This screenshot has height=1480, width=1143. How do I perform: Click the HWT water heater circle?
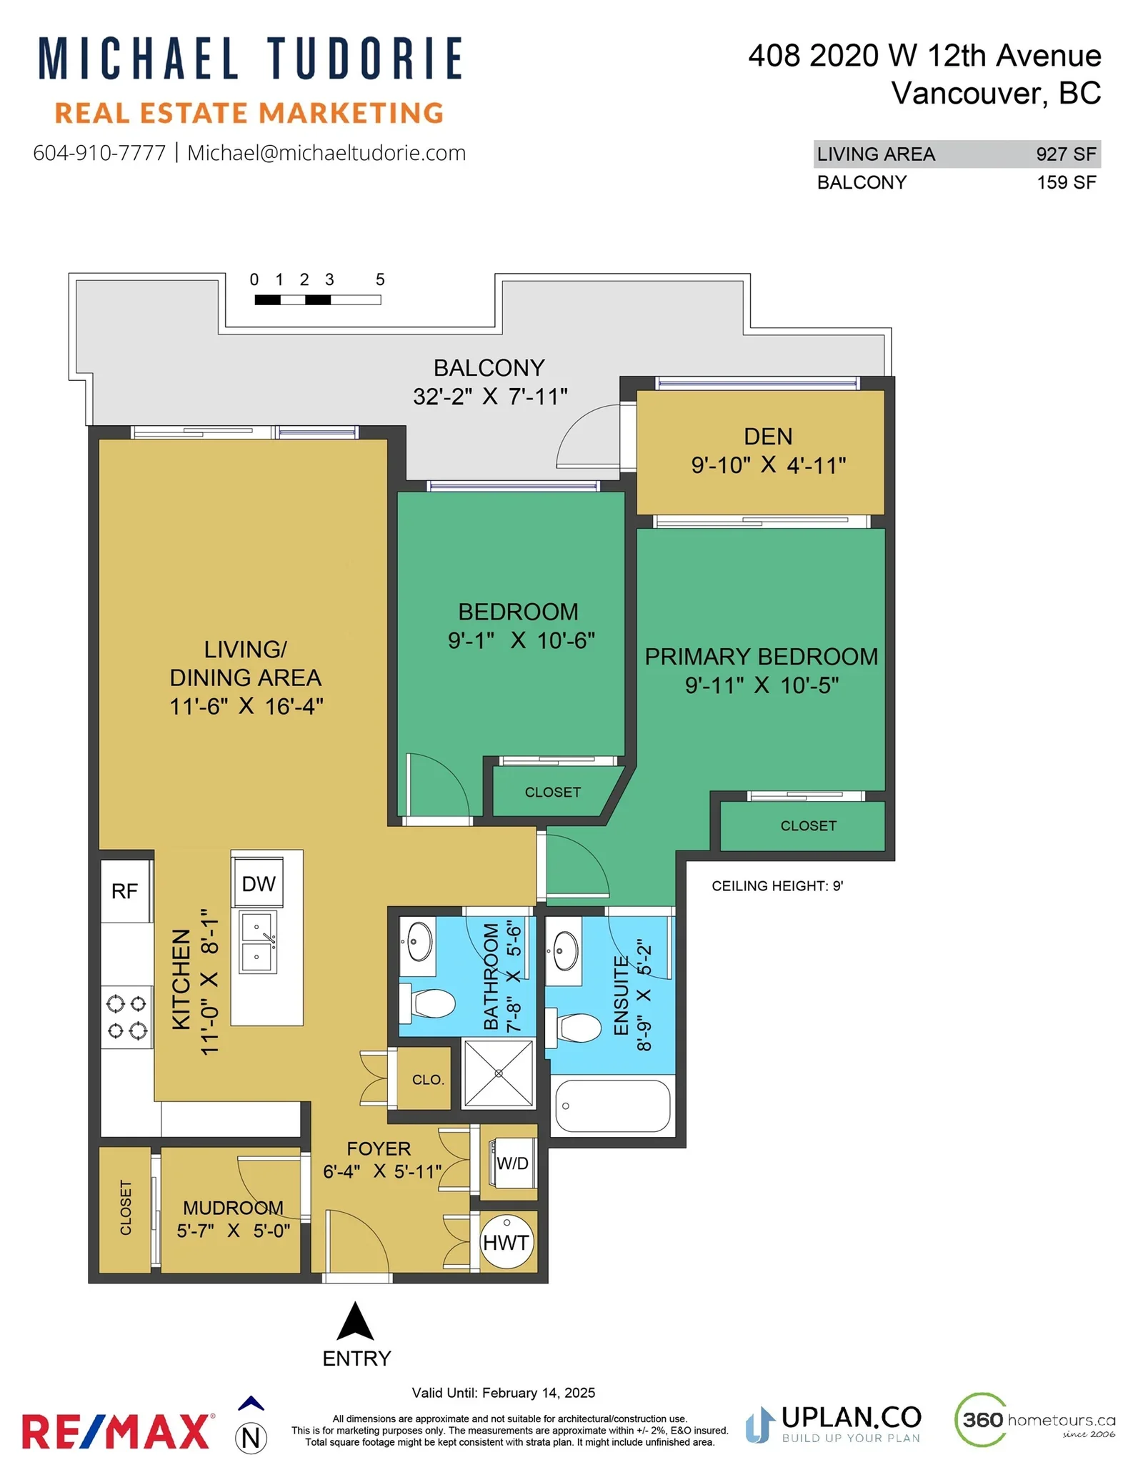click(506, 1242)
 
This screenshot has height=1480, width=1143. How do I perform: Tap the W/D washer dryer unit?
click(511, 1163)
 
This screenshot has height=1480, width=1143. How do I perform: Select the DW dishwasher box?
click(258, 883)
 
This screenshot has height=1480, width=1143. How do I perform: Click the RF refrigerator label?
click(124, 891)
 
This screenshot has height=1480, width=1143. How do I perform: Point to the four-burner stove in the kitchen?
click(126, 1017)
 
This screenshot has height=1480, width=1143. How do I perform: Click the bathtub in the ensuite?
click(612, 1106)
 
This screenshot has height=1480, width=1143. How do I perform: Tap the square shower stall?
click(499, 1073)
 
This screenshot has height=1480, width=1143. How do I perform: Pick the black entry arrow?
click(355, 1321)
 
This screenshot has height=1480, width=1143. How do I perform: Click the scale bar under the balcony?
click(318, 300)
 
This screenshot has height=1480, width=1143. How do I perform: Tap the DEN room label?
click(768, 437)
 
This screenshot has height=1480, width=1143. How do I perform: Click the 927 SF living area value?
click(1066, 154)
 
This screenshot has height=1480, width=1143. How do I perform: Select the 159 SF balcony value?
click(1067, 183)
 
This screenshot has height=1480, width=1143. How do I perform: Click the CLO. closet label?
click(428, 1080)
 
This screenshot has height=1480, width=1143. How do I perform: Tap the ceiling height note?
click(777, 886)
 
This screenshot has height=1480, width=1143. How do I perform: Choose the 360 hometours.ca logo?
click(1035, 1419)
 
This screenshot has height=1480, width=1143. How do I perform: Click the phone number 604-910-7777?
click(99, 153)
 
